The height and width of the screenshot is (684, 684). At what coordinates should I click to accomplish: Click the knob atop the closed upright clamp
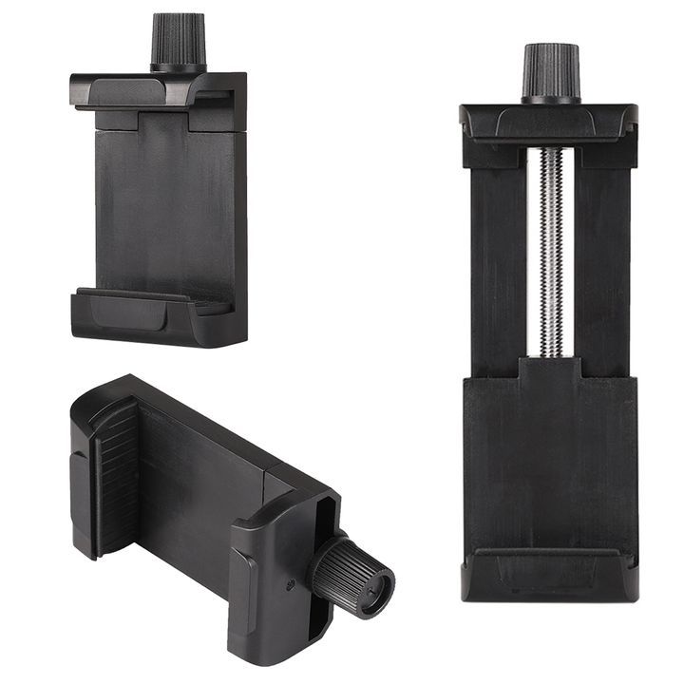pos(178,40)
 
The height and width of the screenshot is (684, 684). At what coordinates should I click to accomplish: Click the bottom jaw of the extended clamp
pos(549,576)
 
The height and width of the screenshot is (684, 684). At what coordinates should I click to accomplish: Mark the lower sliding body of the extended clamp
pos(549,456)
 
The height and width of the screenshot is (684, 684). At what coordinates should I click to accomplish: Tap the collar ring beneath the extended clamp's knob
pos(550,98)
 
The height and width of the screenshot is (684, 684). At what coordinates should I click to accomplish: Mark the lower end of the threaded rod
pos(550,350)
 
